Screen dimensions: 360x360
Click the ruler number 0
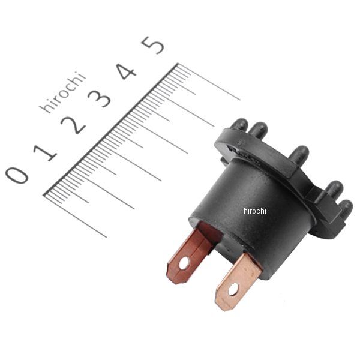(17, 175)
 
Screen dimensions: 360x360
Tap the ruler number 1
(45, 152)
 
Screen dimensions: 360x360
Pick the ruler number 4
(126, 71)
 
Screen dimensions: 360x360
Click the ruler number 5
(153, 45)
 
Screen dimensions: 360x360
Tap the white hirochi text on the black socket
(255, 211)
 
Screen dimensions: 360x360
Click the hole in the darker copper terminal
(184, 263)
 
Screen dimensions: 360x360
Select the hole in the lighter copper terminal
(233, 289)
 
